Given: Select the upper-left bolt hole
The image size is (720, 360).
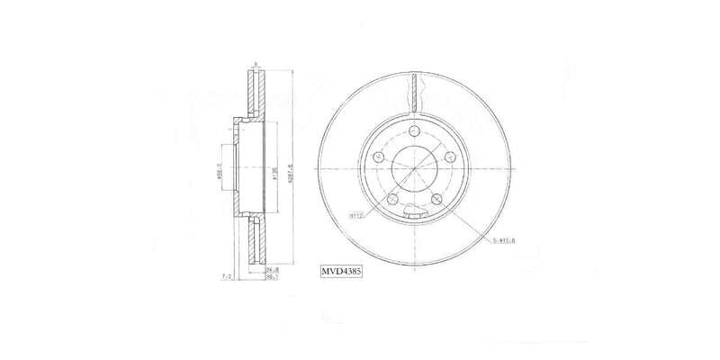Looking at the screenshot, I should coord(379,157).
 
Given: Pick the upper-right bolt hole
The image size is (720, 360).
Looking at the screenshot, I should coord(449,157).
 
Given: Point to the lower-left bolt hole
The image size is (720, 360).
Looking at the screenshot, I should coord(392,199).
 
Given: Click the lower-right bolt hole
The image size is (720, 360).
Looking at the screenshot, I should coord(436,199).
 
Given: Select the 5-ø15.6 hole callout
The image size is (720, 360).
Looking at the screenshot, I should coord(504,242).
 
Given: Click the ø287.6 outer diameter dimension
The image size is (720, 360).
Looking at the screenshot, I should coord(291,167).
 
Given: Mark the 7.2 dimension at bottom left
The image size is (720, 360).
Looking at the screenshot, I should coord(228,275).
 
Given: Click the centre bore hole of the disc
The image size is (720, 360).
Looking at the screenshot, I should coord(414,168).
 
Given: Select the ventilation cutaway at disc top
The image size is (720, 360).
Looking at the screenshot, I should coord(414,92).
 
